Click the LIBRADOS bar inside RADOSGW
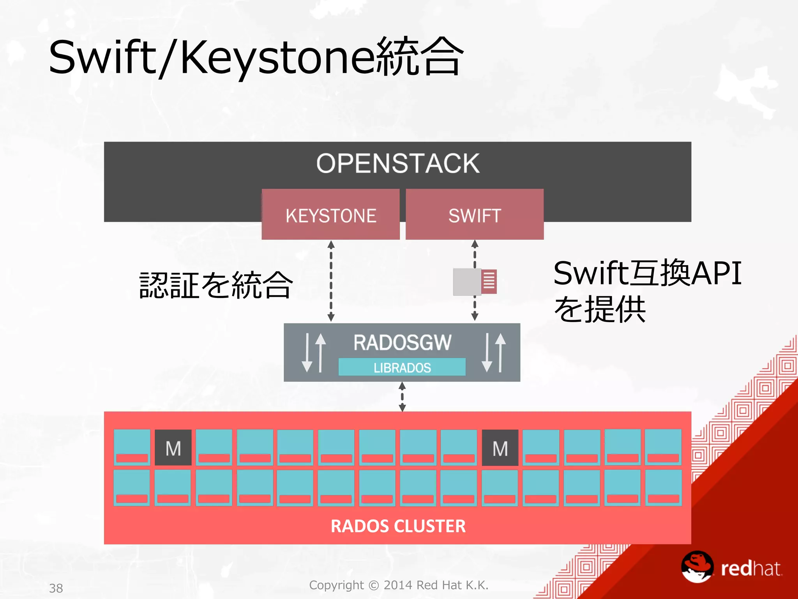tap(402, 367)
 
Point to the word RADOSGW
tap(402, 342)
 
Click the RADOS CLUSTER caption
tap(397, 526)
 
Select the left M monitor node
tap(173, 448)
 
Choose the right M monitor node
tap(500, 448)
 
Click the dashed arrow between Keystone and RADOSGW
tap(331, 281)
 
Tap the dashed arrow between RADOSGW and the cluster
tap(402, 397)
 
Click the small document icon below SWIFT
tap(475, 281)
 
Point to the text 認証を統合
tap(216, 285)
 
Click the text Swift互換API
tap(647, 273)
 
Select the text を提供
tap(600, 309)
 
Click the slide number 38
tap(56, 588)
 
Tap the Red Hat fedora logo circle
tap(697, 567)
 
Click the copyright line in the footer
tap(398, 585)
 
